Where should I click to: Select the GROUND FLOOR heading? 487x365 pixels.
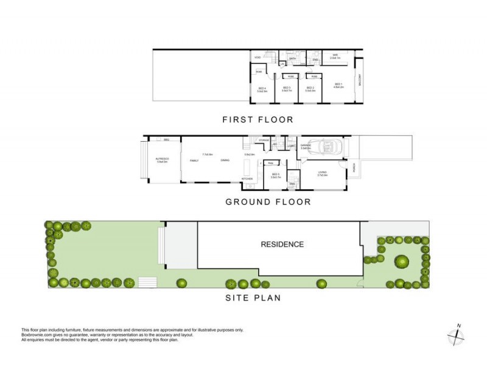(268, 202)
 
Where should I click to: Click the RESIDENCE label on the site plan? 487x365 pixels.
(282, 245)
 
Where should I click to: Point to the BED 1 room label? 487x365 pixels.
(339, 85)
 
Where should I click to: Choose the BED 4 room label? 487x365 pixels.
(262, 89)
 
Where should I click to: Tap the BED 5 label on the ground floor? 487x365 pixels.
(275, 175)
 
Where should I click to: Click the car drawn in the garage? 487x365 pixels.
(328, 147)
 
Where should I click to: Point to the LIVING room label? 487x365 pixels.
(322, 173)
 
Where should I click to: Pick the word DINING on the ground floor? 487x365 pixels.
(225, 160)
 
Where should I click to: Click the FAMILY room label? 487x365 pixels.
(194, 160)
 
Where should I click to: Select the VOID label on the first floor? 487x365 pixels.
(258, 58)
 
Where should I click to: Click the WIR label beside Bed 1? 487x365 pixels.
(335, 56)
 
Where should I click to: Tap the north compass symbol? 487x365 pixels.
(457, 334)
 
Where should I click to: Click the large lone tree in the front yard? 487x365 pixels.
(401, 262)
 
